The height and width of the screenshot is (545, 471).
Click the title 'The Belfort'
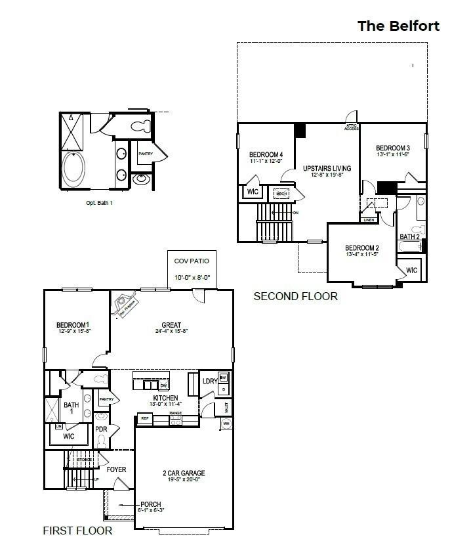click(398, 26)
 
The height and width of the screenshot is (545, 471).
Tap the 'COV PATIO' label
click(192, 261)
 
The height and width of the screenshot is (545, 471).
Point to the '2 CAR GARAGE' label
click(184, 473)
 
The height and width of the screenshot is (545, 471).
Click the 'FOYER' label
click(116, 469)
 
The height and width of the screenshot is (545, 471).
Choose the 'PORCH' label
click(150, 504)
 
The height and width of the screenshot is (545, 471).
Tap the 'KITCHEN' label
click(165, 398)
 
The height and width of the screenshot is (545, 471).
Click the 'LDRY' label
click(210, 381)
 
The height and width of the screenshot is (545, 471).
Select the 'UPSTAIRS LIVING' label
click(327, 168)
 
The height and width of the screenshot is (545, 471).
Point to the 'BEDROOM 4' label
click(266, 154)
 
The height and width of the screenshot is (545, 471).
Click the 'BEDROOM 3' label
click(393, 148)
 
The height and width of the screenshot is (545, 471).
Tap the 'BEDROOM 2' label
click(362, 248)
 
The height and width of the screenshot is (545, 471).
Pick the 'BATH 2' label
click(409, 236)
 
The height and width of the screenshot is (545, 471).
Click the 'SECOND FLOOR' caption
click(295, 297)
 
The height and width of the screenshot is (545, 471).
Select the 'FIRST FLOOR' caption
click(77, 531)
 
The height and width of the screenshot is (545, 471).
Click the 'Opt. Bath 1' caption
click(100, 203)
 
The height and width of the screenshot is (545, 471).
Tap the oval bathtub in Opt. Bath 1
click(72, 169)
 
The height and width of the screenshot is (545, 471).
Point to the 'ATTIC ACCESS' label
click(352, 127)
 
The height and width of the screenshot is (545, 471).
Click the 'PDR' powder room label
click(101, 429)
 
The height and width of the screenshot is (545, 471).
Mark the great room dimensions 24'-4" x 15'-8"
click(171, 332)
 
